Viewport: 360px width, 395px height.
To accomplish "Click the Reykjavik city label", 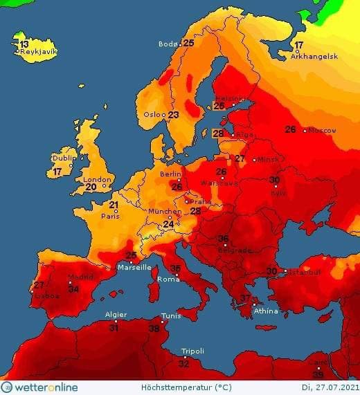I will pyautogui.click(x=38, y=52).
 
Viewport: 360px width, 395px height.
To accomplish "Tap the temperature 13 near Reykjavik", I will pyautogui.click(x=24, y=44).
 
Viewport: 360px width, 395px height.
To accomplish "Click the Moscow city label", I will pyautogui.click(x=322, y=131).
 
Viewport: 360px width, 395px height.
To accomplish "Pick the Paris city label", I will pyautogui.click(x=113, y=215).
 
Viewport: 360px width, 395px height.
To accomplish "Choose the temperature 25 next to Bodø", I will pyautogui.click(x=188, y=43).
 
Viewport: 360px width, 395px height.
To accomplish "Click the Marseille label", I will pyautogui.click(x=135, y=267).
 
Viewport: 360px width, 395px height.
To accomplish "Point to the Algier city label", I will pyautogui.click(x=115, y=315).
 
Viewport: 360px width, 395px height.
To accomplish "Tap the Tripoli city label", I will pyautogui.click(x=192, y=351).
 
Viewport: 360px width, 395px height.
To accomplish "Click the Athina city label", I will pyautogui.click(x=266, y=311).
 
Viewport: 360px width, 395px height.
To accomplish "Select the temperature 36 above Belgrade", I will pyautogui.click(x=223, y=239).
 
